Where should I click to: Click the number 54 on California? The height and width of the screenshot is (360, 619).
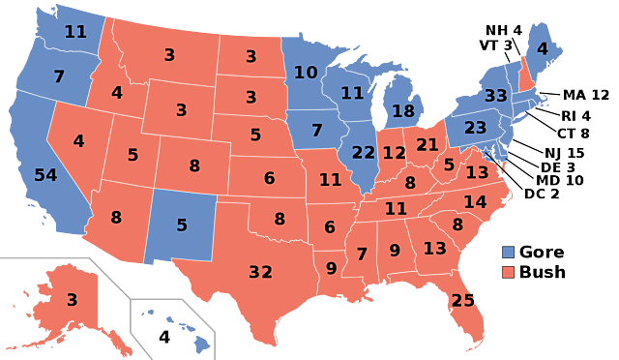(x=45, y=175)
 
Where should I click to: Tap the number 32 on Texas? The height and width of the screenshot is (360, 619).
(x=260, y=272)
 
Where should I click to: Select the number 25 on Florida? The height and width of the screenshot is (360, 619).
(x=463, y=300)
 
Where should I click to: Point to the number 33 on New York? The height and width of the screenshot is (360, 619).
(x=496, y=96)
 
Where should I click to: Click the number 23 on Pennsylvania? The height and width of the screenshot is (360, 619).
(x=475, y=128)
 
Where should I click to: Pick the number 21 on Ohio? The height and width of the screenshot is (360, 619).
(x=427, y=145)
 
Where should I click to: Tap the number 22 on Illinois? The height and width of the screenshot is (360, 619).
(x=364, y=153)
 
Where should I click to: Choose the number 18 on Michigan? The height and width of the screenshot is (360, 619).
(x=403, y=111)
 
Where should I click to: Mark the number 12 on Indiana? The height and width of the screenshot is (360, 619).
(x=394, y=153)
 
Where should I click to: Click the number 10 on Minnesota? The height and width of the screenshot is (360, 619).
(x=306, y=73)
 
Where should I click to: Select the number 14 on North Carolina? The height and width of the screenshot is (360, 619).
(x=475, y=202)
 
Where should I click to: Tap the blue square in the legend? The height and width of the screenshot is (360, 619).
(x=509, y=252)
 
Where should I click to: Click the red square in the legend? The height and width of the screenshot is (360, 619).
(x=509, y=272)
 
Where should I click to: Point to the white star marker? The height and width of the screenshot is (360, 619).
(x=486, y=153)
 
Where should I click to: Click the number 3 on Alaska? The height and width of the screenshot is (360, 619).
(x=72, y=300)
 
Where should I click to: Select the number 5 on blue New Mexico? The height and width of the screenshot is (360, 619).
(x=181, y=225)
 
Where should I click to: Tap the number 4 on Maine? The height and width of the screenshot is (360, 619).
(x=543, y=48)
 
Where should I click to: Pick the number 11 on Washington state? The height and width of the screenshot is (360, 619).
(x=75, y=31)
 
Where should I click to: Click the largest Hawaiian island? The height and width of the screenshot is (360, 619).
(x=200, y=341)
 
